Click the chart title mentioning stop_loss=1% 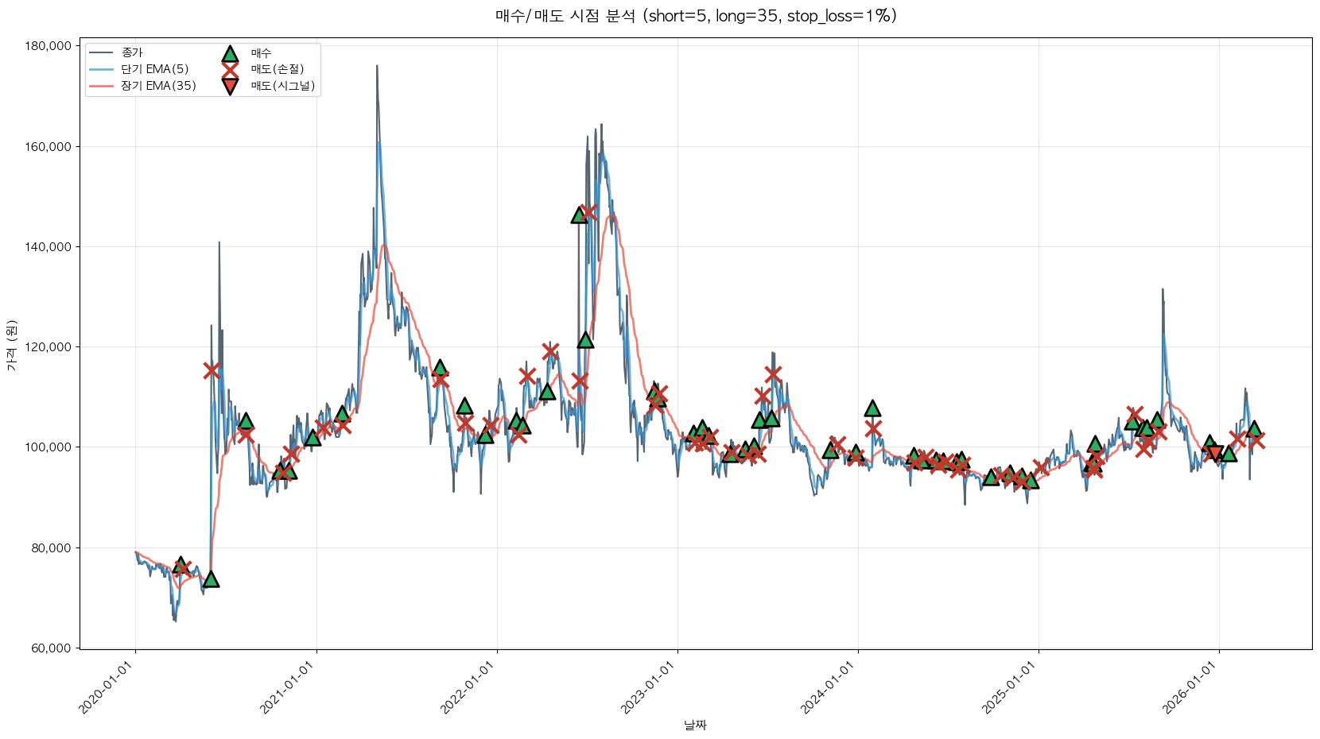(696, 16)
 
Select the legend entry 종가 (132, 53)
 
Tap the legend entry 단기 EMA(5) (154, 69)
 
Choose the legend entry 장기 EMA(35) (158, 86)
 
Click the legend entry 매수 (261, 53)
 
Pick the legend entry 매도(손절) (277, 69)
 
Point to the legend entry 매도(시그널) (282, 86)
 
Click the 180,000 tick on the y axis (49, 46)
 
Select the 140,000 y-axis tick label (49, 247)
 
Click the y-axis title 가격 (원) (11, 346)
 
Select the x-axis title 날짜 (695, 725)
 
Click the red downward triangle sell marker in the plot (1214, 454)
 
